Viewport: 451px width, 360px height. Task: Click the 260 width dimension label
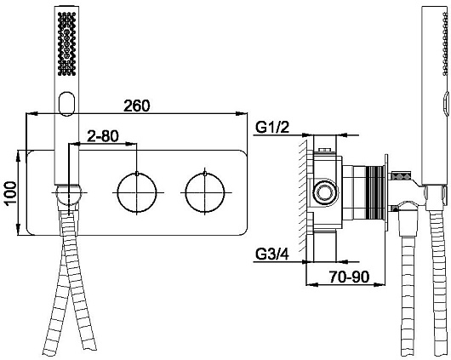click(137, 106)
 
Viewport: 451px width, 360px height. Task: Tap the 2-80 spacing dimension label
click(103, 136)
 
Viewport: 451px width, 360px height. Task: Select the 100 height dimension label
click(11, 193)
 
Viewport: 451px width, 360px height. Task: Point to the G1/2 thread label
click(272, 128)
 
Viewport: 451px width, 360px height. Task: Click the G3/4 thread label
click(272, 254)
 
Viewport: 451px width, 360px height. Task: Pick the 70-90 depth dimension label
click(349, 277)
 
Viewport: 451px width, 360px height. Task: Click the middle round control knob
click(137, 192)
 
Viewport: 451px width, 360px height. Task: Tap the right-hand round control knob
click(205, 192)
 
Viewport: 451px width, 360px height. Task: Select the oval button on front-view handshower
click(66, 104)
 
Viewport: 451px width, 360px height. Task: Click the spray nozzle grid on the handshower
click(66, 44)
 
